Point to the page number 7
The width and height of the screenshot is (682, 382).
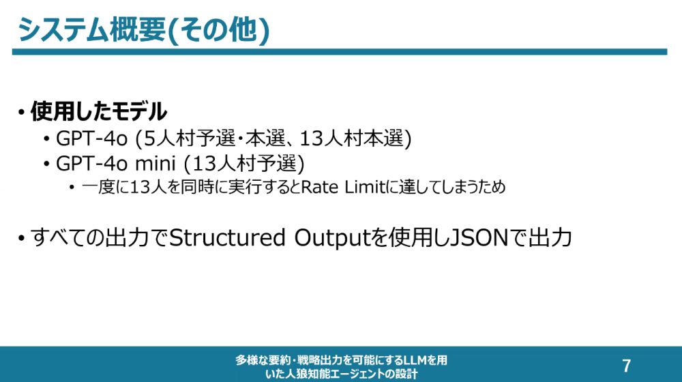(626, 366)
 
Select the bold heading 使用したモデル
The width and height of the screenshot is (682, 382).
(99, 111)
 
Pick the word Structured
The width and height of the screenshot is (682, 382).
(227, 237)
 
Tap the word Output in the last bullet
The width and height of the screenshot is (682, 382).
(331, 238)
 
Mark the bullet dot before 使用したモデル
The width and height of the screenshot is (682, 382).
(21, 113)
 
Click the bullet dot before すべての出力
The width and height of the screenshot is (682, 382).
(21, 239)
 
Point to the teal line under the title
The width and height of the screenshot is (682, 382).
(339, 52)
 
